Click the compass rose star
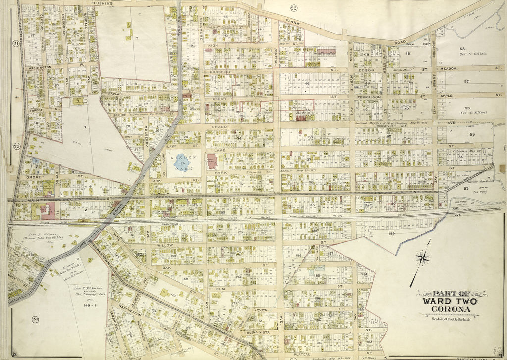(422, 257)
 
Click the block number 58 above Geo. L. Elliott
(462, 48)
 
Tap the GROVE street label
(34, 176)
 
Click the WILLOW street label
(165, 245)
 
